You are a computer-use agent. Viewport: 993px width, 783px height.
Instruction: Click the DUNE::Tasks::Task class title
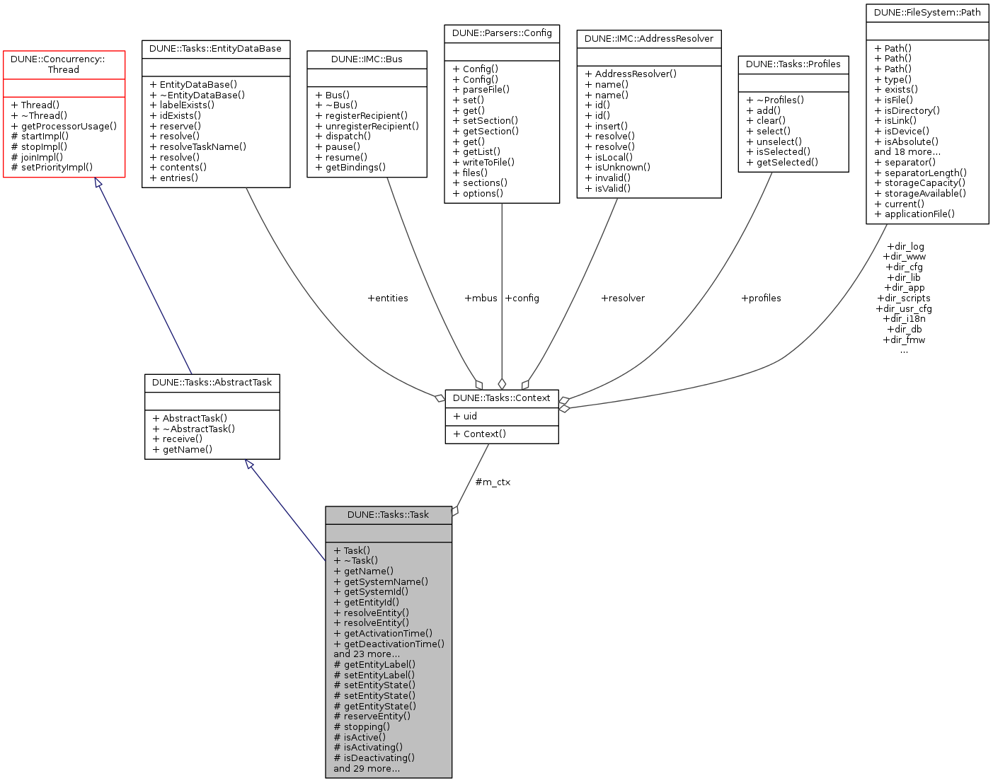(x=388, y=515)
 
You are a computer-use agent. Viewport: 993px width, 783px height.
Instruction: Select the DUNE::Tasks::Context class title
(x=501, y=398)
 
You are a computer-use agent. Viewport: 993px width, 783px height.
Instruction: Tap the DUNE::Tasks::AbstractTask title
(x=212, y=383)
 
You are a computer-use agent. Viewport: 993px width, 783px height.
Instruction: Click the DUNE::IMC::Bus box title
(x=367, y=59)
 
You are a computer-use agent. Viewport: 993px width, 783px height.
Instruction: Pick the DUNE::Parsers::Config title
(x=502, y=33)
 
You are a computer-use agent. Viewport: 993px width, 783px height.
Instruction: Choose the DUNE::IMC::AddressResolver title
(x=649, y=39)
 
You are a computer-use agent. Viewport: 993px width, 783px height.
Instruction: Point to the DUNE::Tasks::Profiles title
(x=793, y=64)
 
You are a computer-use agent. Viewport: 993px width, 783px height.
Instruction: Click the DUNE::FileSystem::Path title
(x=927, y=13)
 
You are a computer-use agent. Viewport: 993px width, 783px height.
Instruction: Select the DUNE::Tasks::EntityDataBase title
(x=216, y=49)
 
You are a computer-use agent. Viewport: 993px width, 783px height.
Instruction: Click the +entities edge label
(x=388, y=298)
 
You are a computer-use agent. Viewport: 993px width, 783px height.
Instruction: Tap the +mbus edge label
(x=481, y=298)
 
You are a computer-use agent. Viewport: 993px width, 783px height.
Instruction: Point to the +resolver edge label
(x=623, y=298)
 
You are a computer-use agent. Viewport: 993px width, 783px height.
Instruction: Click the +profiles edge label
(x=761, y=298)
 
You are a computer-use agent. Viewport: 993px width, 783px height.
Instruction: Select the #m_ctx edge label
(x=493, y=482)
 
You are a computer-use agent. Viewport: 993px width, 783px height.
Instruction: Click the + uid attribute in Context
(x=465, y=417)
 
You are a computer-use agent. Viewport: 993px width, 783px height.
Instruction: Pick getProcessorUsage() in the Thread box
(x=64, y=126)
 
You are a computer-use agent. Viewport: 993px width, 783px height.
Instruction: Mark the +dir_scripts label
(x=904, y=298)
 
